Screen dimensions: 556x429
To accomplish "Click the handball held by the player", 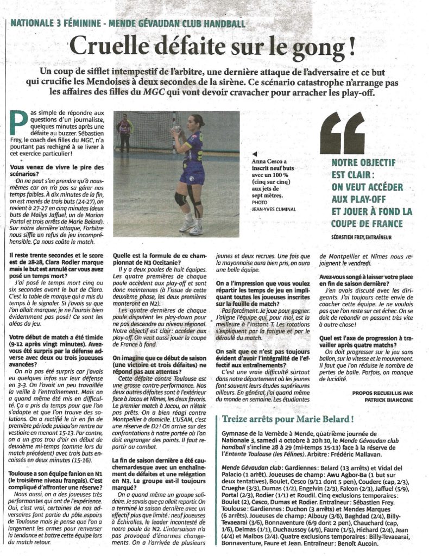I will pos(176,129).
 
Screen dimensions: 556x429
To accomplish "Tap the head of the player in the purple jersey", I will pos(197,121).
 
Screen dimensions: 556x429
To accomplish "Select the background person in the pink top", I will pos(124,131).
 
